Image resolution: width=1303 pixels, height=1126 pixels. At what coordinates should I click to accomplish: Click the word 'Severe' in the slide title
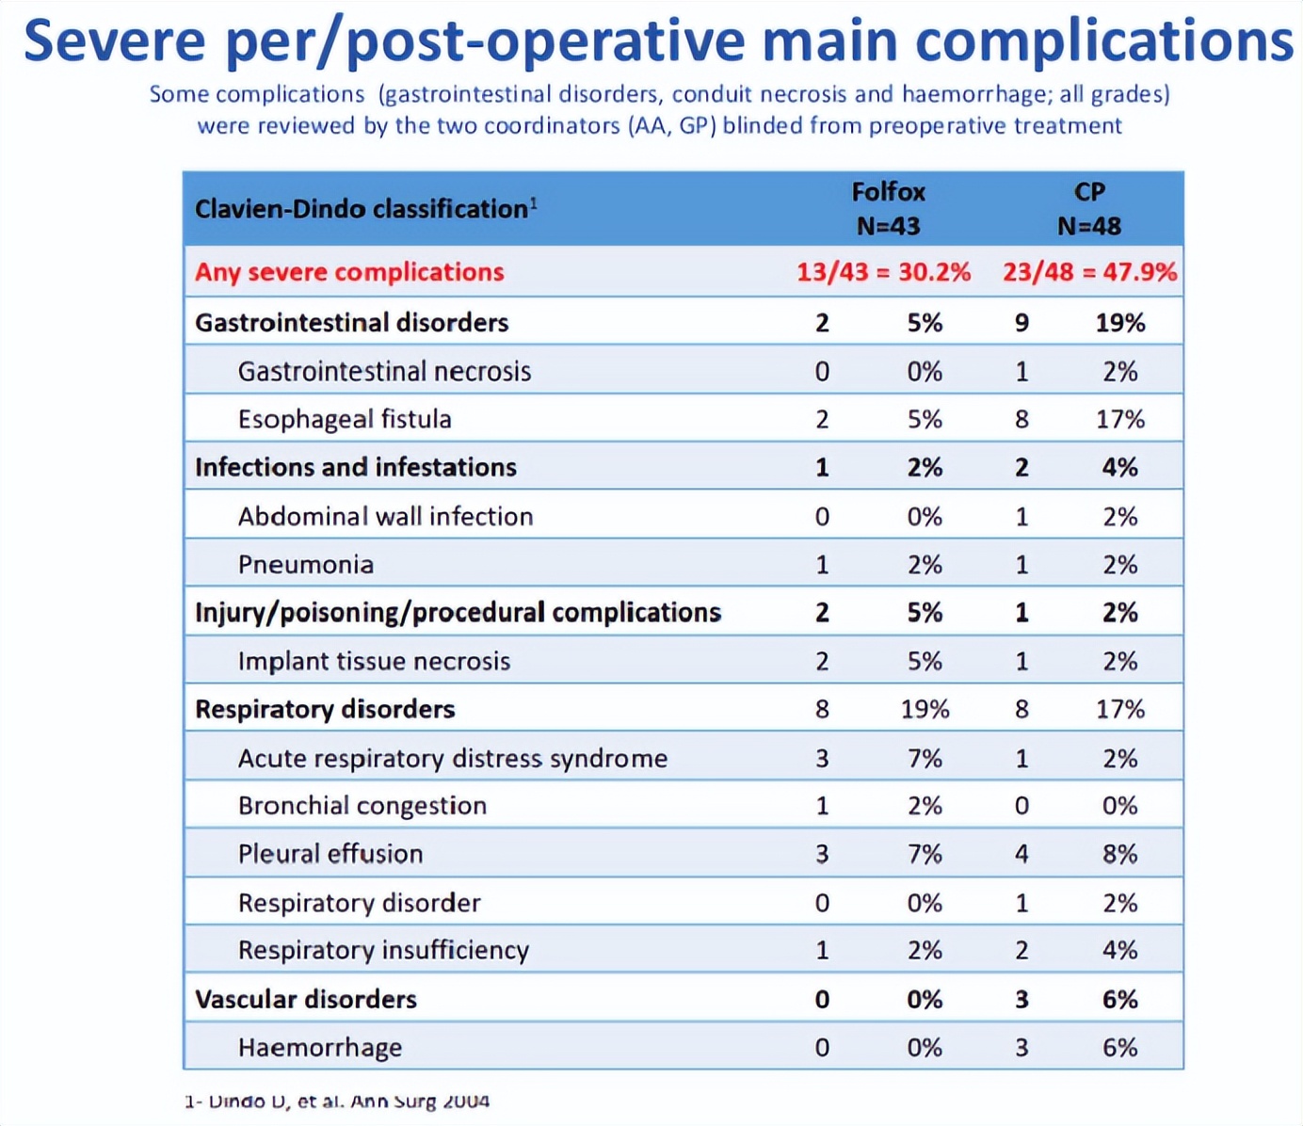coord(115,41)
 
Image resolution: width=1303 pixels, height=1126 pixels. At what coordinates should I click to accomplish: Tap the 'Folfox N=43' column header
coord(888,209)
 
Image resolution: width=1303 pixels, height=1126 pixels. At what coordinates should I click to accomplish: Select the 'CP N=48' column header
coord(1089,209)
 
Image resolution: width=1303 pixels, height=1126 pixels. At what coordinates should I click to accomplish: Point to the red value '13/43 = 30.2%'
coord(883,272)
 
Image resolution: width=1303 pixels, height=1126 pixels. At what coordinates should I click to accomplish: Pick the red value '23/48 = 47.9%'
coord(1089,272)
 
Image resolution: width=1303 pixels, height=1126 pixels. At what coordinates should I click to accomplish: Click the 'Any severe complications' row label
coord(349,272)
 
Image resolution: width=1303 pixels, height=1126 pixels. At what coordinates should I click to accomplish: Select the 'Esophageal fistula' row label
coord(345,419)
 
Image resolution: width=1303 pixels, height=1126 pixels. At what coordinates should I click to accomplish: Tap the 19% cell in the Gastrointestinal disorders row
coord(1119,323)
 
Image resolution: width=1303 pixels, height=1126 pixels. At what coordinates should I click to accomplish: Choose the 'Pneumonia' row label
coord(306,565)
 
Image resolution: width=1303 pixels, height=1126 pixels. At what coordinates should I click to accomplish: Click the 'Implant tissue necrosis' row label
coord(374,661)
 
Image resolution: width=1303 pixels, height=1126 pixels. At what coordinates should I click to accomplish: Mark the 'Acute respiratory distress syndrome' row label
coord(452,758)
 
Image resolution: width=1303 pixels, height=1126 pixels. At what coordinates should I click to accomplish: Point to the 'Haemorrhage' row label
coord(320,1047)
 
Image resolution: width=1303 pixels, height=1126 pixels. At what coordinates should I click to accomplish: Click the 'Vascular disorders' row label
coord(306,999)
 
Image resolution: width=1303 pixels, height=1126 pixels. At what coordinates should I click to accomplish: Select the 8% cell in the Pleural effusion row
coord(1119,854)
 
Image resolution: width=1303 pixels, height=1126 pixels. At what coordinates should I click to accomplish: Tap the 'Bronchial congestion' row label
coord(362,806)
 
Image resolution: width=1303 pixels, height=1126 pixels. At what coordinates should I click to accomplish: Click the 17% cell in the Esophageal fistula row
coord(1119,419)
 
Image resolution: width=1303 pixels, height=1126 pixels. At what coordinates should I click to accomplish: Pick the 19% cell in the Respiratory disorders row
coord(925,709)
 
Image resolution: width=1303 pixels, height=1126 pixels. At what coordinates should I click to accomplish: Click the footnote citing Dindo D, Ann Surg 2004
coord(337,1101)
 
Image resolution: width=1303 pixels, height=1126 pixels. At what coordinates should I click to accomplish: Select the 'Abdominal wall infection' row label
coord(385,516)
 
